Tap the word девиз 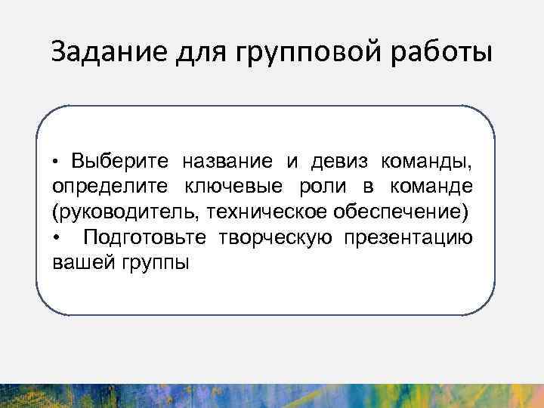pos(335,161)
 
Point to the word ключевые pos(226,187)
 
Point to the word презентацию pos(409,238)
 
